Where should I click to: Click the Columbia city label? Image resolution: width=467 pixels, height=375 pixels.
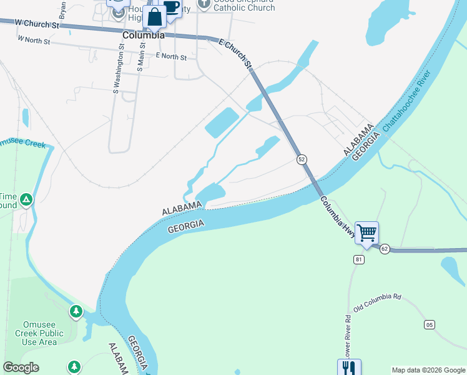143,35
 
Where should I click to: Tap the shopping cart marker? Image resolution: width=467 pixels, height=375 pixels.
367,233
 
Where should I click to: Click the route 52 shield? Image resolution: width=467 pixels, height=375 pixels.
302,159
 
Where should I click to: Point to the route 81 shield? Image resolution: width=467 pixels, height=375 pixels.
358,259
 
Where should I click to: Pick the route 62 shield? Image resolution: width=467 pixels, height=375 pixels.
385,249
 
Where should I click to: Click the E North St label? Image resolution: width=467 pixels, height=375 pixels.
171,57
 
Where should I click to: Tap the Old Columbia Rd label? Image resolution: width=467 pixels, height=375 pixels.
377,303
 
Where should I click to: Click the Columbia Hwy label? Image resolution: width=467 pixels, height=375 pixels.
338,217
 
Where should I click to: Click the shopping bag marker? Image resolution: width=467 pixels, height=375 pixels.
154,17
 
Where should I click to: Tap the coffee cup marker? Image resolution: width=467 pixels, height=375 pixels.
170,7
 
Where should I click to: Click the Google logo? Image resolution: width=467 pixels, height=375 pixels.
21,367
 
